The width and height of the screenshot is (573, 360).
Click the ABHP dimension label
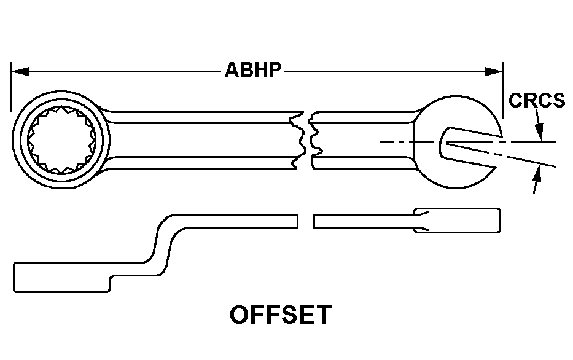[x=253, y=69]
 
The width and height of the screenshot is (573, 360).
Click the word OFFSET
[x=281, y=315]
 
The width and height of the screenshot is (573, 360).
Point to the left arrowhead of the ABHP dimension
[x=20, y=72]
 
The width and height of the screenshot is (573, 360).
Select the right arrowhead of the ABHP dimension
[x=493, y=72]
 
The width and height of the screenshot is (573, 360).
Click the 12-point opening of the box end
[x=61, y=139]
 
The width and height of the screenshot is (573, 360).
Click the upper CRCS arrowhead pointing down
[x=539, y=132]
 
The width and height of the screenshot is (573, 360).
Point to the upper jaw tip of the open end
[x=500, y=136]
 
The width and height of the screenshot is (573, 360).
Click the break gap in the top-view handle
[x=307, y=140]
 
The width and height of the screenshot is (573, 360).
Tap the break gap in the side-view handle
[x=305, y=221]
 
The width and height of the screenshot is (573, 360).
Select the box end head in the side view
[x=61, y=277]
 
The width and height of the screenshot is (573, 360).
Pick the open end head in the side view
[x=457, y=221]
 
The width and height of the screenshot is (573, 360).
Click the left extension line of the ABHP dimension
[x=11, y=87]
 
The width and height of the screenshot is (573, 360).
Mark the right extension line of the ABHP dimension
[x=503, y=90]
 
